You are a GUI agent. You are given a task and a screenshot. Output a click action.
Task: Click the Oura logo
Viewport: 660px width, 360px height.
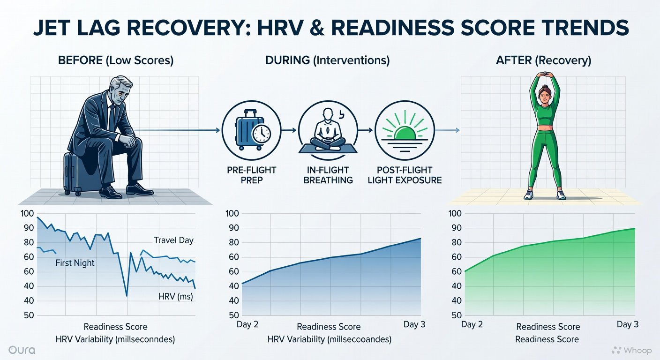point(22,350)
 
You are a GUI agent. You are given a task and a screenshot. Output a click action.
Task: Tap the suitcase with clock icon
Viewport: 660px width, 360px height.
point(251,130)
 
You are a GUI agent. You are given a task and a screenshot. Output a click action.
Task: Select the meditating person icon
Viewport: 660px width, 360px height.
point(328,130)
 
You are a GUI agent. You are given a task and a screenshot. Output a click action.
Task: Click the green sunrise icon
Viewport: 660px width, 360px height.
point(405,130)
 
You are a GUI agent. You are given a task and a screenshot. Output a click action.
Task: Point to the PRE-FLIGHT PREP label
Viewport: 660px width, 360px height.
point(251,175)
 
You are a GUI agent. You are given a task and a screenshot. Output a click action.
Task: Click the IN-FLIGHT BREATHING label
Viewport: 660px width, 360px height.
point(328,175)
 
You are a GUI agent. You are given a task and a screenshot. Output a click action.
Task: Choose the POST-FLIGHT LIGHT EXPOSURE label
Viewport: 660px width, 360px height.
point(405,175)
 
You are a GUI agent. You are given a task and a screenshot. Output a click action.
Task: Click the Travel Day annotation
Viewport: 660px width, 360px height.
point(173,240)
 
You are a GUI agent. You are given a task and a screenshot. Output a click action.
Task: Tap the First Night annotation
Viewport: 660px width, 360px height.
point(75,263)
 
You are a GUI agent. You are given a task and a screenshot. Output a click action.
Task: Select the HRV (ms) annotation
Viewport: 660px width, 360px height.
point(176,296)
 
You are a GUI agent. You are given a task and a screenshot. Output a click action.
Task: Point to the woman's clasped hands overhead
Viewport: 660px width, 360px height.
point(545,74)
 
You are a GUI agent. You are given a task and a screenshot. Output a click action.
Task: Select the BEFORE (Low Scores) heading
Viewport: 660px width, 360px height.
point(116,60)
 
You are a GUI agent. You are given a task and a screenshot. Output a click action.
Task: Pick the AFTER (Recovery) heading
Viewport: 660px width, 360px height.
point(544,60)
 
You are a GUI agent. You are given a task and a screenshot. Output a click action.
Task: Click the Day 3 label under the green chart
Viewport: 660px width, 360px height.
point(628,324)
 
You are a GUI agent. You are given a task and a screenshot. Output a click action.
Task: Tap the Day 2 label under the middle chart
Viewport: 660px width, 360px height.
point(247,324)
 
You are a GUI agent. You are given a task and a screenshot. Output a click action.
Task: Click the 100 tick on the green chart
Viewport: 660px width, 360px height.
point(455,213)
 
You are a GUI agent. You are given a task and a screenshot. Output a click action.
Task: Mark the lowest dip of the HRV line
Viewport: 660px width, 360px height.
point(127,295)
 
